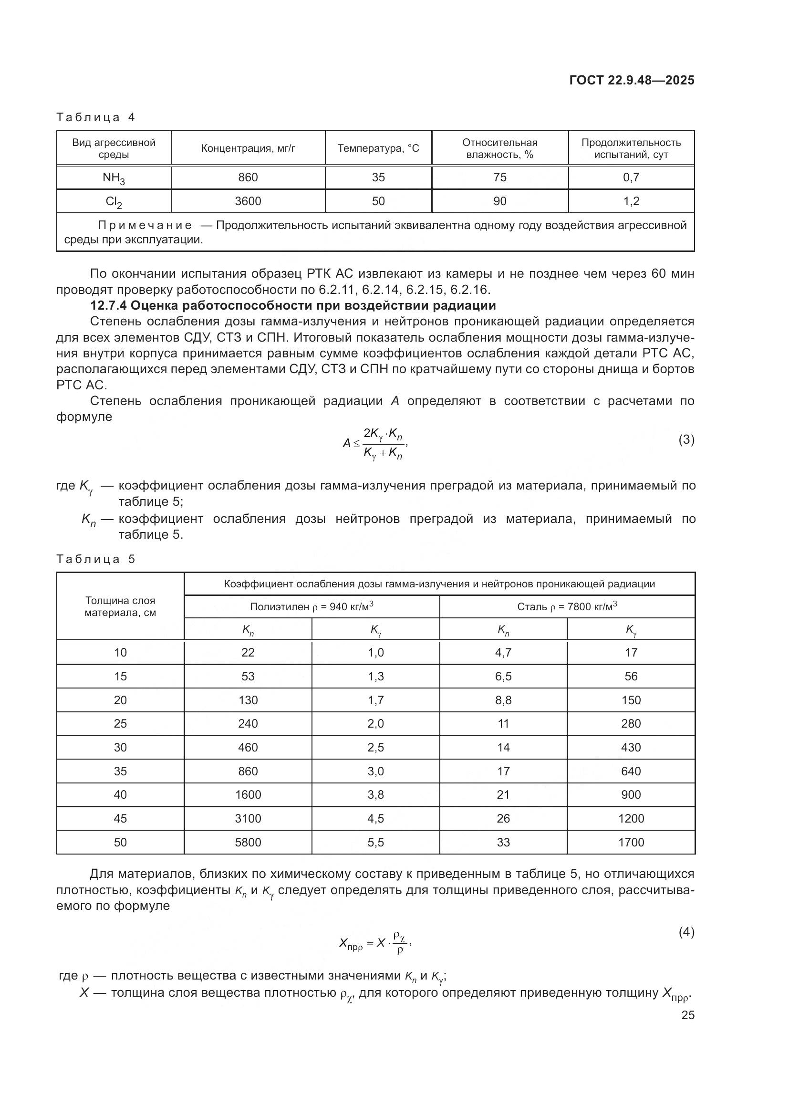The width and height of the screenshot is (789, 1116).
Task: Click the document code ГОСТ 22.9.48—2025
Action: pyautogui.click(x=631, y=80)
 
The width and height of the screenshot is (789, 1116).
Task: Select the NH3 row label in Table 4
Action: pyautogui.click(x=114, y=178)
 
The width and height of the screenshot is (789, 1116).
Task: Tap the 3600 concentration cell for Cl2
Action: pyautogui.click(x=248, y=201)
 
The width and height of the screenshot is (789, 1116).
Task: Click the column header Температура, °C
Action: pyautogui.click(x=378, y=148)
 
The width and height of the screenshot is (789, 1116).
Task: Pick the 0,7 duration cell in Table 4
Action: pyautogui.click(x=631, y=177)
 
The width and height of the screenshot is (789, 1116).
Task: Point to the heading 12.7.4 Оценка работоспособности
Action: pyautogui.click(x=293, y=305)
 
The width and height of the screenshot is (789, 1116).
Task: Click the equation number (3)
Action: pyautogui.click(x=686, y=440)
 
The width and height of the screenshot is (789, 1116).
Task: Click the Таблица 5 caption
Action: pyautogui.click(x=96, y=559)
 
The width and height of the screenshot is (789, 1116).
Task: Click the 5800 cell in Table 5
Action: pyautogui.click(x=248, y=842)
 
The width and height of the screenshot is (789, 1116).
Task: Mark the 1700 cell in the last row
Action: pyautogui.click(x=631, y=842)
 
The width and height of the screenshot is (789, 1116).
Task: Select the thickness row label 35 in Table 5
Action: pyautogui.click(x=120, y=772)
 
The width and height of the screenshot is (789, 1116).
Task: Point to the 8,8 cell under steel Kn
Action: pyautogui.click(x=503, y=700)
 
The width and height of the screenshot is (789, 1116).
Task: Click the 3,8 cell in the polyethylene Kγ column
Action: pyautogui.click(x=375, y=795)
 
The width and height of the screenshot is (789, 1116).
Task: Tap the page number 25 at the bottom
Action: pyautogui.click(x=687, y=1015)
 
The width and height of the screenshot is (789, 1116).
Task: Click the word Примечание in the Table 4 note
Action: pyautogui.click(x=145, y=226)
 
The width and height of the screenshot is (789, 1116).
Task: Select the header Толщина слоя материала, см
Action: pyautogui.click(x=120, y=606)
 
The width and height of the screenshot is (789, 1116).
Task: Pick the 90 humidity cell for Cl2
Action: pyautogui.click(x=499, y=201)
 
